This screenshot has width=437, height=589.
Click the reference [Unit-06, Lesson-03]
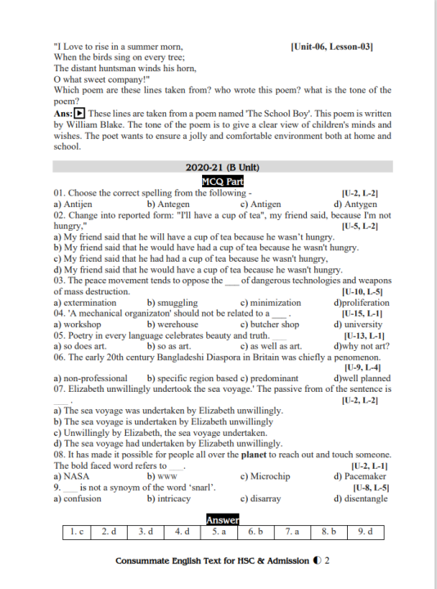331,47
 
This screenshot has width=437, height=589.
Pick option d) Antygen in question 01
355,205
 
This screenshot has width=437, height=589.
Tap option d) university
358,325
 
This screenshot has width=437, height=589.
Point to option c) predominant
268,379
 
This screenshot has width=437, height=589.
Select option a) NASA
71,476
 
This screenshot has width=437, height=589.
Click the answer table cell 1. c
78,533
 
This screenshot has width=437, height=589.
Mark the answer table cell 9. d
364,533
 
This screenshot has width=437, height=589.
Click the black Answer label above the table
223,519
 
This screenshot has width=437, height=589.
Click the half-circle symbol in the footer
316,562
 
